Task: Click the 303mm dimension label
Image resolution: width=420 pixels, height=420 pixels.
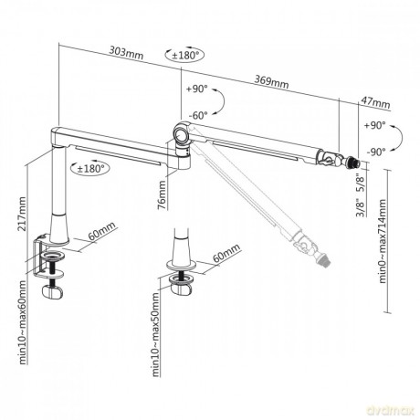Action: [126, 52]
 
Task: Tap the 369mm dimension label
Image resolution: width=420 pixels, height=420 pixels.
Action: [271, 82]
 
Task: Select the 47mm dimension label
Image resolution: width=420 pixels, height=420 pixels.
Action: [376, 102]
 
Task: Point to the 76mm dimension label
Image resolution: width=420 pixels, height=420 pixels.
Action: [163, 195]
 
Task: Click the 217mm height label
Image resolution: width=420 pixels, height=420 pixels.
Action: [22, 214]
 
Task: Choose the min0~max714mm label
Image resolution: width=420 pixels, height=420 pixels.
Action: [383, 241]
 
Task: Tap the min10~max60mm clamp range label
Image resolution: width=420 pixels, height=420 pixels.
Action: [23, 322]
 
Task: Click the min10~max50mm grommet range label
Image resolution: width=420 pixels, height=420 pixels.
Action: [155, 334]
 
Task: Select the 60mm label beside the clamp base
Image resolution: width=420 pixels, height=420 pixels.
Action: [102, 231]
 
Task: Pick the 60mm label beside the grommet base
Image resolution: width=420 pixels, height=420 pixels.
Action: [226, 253]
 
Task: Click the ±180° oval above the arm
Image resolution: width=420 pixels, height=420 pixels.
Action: [184, 55]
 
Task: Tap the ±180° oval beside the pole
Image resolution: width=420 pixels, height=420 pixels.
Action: [90, 168]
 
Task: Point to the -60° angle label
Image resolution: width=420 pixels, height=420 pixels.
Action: [198, 115]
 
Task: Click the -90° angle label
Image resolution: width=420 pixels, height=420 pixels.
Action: [376, 152]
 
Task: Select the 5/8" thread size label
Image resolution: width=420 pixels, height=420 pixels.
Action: [361, 183]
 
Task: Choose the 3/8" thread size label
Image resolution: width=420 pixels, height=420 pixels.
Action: [361, 207]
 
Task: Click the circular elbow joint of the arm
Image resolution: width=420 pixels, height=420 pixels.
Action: [182, 135]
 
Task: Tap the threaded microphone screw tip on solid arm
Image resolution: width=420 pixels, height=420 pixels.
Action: [354, 163]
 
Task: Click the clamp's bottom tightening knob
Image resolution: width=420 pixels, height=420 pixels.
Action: [52, 291]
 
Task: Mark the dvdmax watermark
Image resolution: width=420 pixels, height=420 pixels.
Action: [391, 411]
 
